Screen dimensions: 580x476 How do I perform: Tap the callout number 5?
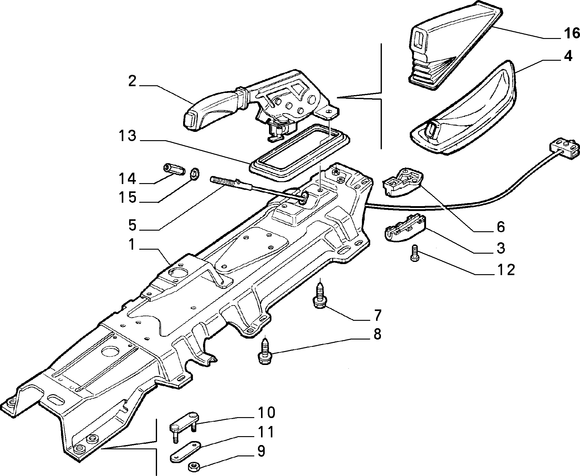tap(132, 225)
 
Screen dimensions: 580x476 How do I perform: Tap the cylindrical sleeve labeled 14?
tap(174, 169)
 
